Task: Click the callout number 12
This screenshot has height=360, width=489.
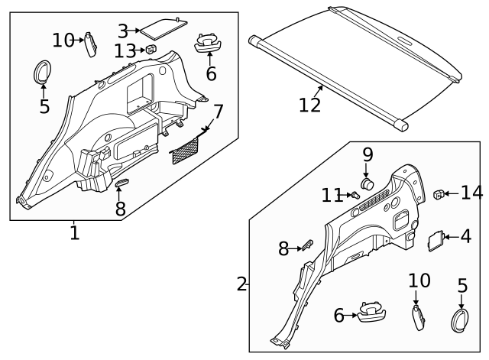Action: tap(309, 104)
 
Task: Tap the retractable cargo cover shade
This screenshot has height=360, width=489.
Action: tap(359, 61)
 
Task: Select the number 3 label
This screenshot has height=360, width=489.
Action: tap(123, 31)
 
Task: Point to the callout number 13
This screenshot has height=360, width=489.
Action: tap(125, 50)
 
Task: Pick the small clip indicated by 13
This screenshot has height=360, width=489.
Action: tap(151, 50)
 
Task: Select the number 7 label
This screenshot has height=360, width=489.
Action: tap(219, 112)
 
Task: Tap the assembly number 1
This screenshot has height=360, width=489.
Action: tap(74, 232)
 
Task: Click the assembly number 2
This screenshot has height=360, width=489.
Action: tap(242, 285)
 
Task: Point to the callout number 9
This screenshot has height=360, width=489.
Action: tap(368, 154)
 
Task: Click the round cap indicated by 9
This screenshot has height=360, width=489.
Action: tap(367, 183)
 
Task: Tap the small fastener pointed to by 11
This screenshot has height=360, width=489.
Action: tap(354, 195)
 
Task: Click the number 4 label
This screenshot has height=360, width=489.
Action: tap(465, 237)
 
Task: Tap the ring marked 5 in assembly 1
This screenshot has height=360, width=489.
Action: tap(40, 73)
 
